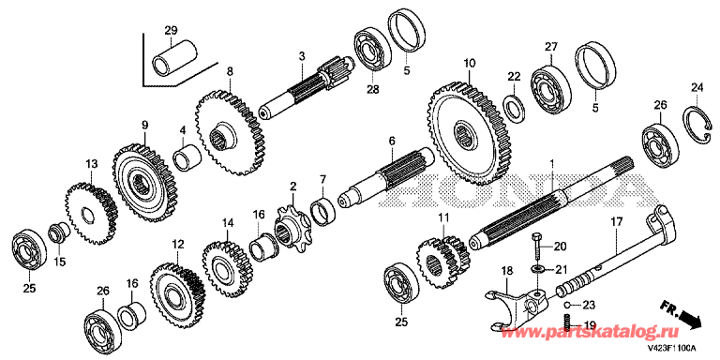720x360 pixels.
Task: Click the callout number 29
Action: click(171, 31)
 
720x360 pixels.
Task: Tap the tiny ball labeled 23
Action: click(567, 304)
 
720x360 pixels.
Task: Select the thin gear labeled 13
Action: click(90, 214)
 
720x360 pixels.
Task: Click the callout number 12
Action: click(178, 245)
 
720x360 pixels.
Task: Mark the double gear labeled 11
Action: click(443, 262)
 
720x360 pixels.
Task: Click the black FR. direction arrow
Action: click(688, 319)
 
